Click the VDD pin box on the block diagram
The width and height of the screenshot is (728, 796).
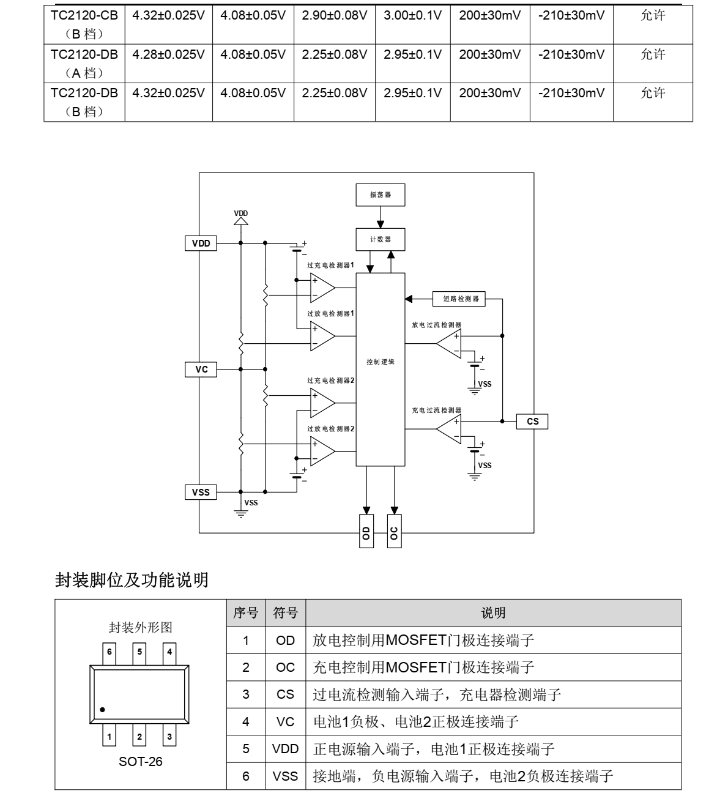pyautogui.click(x=201, y=244)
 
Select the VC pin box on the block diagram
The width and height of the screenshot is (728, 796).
pyautogui.click(x=201, y=370)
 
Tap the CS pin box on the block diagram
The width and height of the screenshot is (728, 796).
pyautogui.click(x=532, y=422)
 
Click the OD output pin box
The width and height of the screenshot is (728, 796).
pyautogui.click(x=366, y=531)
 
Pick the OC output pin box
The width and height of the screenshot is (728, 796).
pyautogui.click(x=394, y=531)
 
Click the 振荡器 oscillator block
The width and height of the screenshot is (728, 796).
pyautogui.click(x=381, y=195)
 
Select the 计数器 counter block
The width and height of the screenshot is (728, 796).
pyautogui.click(x=381, y=239)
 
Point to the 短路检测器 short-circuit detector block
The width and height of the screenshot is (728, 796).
pyautogui.click(x=458, y=299)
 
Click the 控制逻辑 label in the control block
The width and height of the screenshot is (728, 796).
pyautogui.click(x=381, y=362)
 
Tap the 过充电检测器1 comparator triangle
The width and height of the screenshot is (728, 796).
pyautogui.click(x=322, y=288)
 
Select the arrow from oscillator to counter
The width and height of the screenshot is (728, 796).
pyautogui.click(x=381, y=217)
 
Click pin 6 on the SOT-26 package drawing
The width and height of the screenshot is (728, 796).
pyautogui.click(x=109, y=653)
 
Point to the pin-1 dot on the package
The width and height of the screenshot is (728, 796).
pyautogui.click(x=102, y=710)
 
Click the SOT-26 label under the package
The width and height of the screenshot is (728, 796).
pyautogui.click(x=141, y=762)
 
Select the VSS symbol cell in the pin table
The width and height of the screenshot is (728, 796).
pyautogui.click(x=285, y=776)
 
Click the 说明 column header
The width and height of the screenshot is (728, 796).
pyautogui.click(x=494, y=613)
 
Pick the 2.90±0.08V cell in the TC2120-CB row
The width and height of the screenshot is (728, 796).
pyautogui.click(x=334, y=16)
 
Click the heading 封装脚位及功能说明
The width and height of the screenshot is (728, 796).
pyautogui.click(x=132, y=580)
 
